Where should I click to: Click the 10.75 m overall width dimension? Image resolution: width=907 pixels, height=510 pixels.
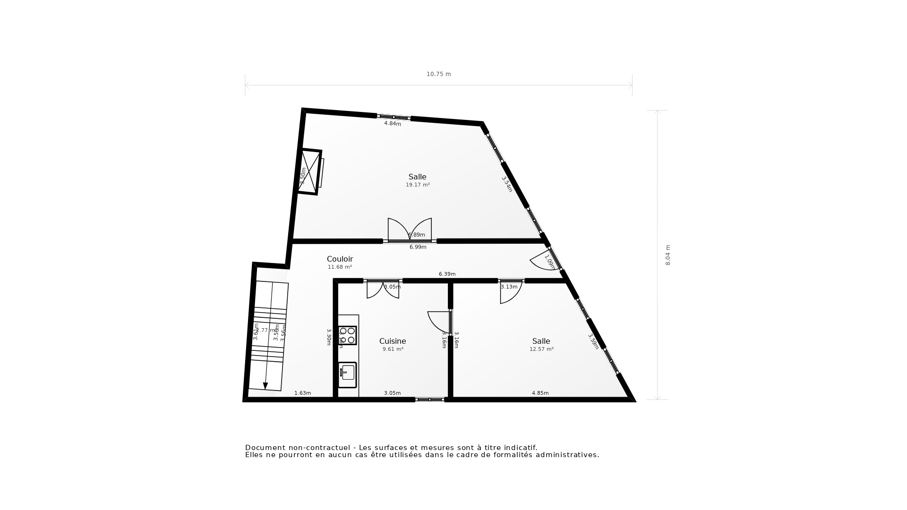point(438,74)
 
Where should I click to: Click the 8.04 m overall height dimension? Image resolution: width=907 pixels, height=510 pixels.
point(668,255)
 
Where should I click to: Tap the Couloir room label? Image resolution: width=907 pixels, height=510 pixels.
point(340,259)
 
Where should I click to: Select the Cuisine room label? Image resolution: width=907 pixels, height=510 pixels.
point(393,341)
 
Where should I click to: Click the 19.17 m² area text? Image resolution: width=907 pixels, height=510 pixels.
point(418,185)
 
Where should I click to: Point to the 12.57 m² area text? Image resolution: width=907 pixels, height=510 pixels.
point(541,349)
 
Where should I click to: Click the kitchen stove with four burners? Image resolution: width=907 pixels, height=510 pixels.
point(347,335)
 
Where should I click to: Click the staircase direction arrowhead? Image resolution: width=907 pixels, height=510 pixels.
point(265,386)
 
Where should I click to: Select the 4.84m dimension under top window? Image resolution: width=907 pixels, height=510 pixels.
point(392,124)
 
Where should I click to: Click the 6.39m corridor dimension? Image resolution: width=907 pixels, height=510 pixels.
point(447,274)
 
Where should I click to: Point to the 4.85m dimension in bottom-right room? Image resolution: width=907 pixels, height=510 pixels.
point(540,393)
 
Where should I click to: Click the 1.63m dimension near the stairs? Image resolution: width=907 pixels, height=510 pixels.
point(302,393)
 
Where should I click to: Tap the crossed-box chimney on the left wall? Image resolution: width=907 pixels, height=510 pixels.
point(309,172)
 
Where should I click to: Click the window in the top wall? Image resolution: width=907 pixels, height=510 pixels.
point(394,117)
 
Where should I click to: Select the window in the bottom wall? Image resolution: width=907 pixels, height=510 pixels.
point(429,399)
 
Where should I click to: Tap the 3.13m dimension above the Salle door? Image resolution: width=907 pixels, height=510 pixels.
point(509,287)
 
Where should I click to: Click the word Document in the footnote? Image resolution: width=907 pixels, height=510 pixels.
point(265,448)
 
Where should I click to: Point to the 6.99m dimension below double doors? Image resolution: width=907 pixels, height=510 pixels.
point(418,247)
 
